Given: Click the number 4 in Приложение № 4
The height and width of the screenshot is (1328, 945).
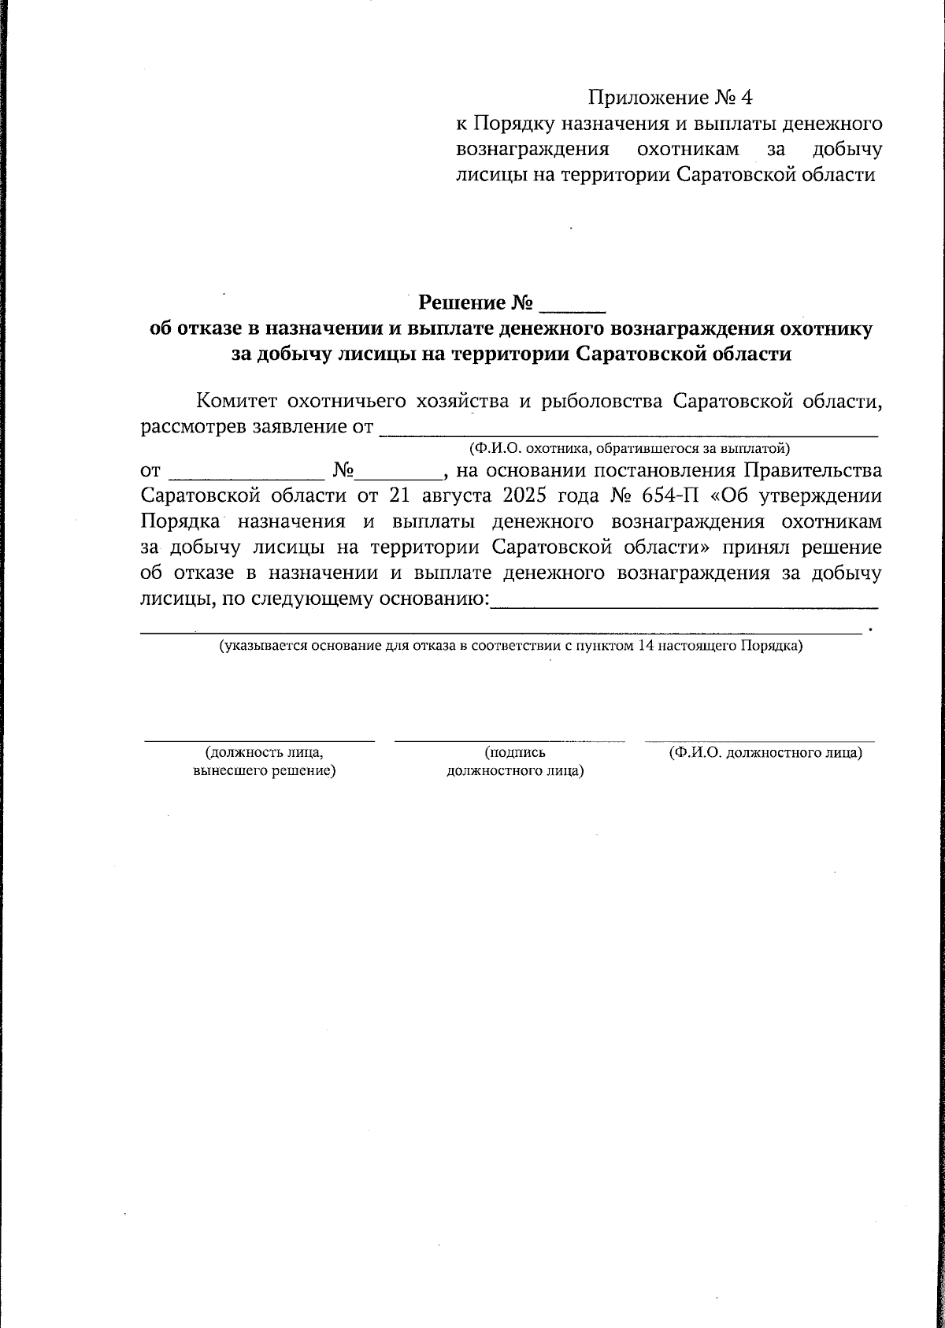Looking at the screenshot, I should (x=746, y=98).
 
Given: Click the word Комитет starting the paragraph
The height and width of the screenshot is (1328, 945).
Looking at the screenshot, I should (x=236, y=402).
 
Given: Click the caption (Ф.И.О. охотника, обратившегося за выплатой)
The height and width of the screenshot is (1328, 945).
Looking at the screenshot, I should (x=628, y=449).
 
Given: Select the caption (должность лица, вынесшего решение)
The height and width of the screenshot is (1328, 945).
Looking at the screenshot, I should (x=265, y=762).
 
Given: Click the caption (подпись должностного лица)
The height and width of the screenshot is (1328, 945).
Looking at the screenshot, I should (x=515, y=762).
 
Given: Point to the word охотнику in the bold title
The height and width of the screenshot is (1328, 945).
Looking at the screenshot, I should (x=825, y=329).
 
